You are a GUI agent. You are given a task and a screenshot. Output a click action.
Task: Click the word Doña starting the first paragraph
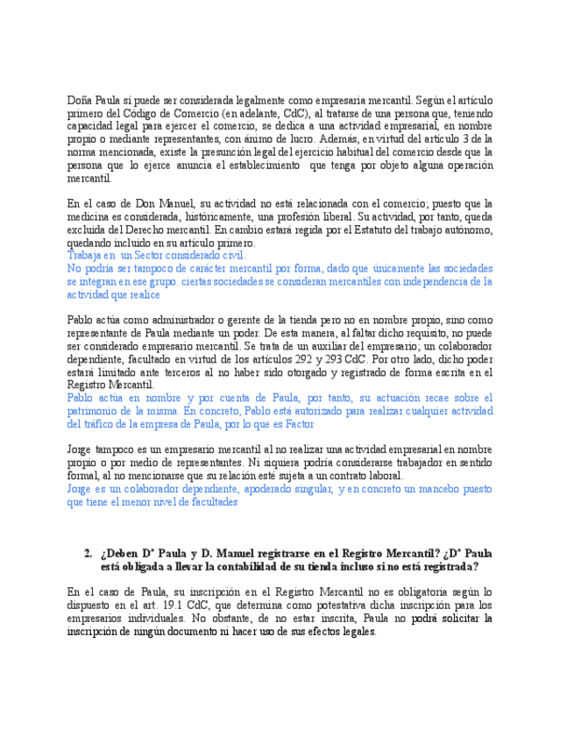80,100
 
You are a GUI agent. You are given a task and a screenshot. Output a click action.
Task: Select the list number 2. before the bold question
89,554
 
